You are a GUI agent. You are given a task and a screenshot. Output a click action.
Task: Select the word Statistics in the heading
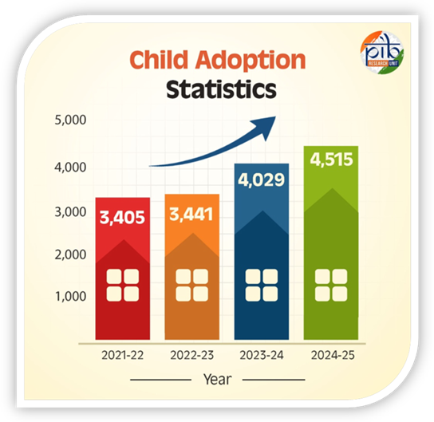(x=221, y=89)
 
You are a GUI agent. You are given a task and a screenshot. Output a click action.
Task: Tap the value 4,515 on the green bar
(x=330, y=160)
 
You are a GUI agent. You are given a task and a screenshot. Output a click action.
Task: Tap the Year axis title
(x=217, y=378)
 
